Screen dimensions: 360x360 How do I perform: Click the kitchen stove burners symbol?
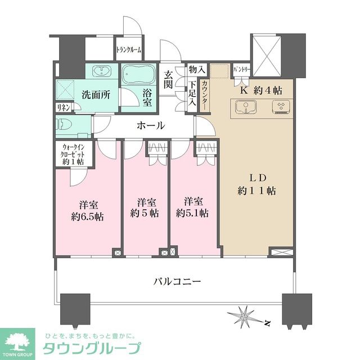pos(280,107)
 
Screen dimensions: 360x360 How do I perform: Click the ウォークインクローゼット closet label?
pos(72,154)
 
